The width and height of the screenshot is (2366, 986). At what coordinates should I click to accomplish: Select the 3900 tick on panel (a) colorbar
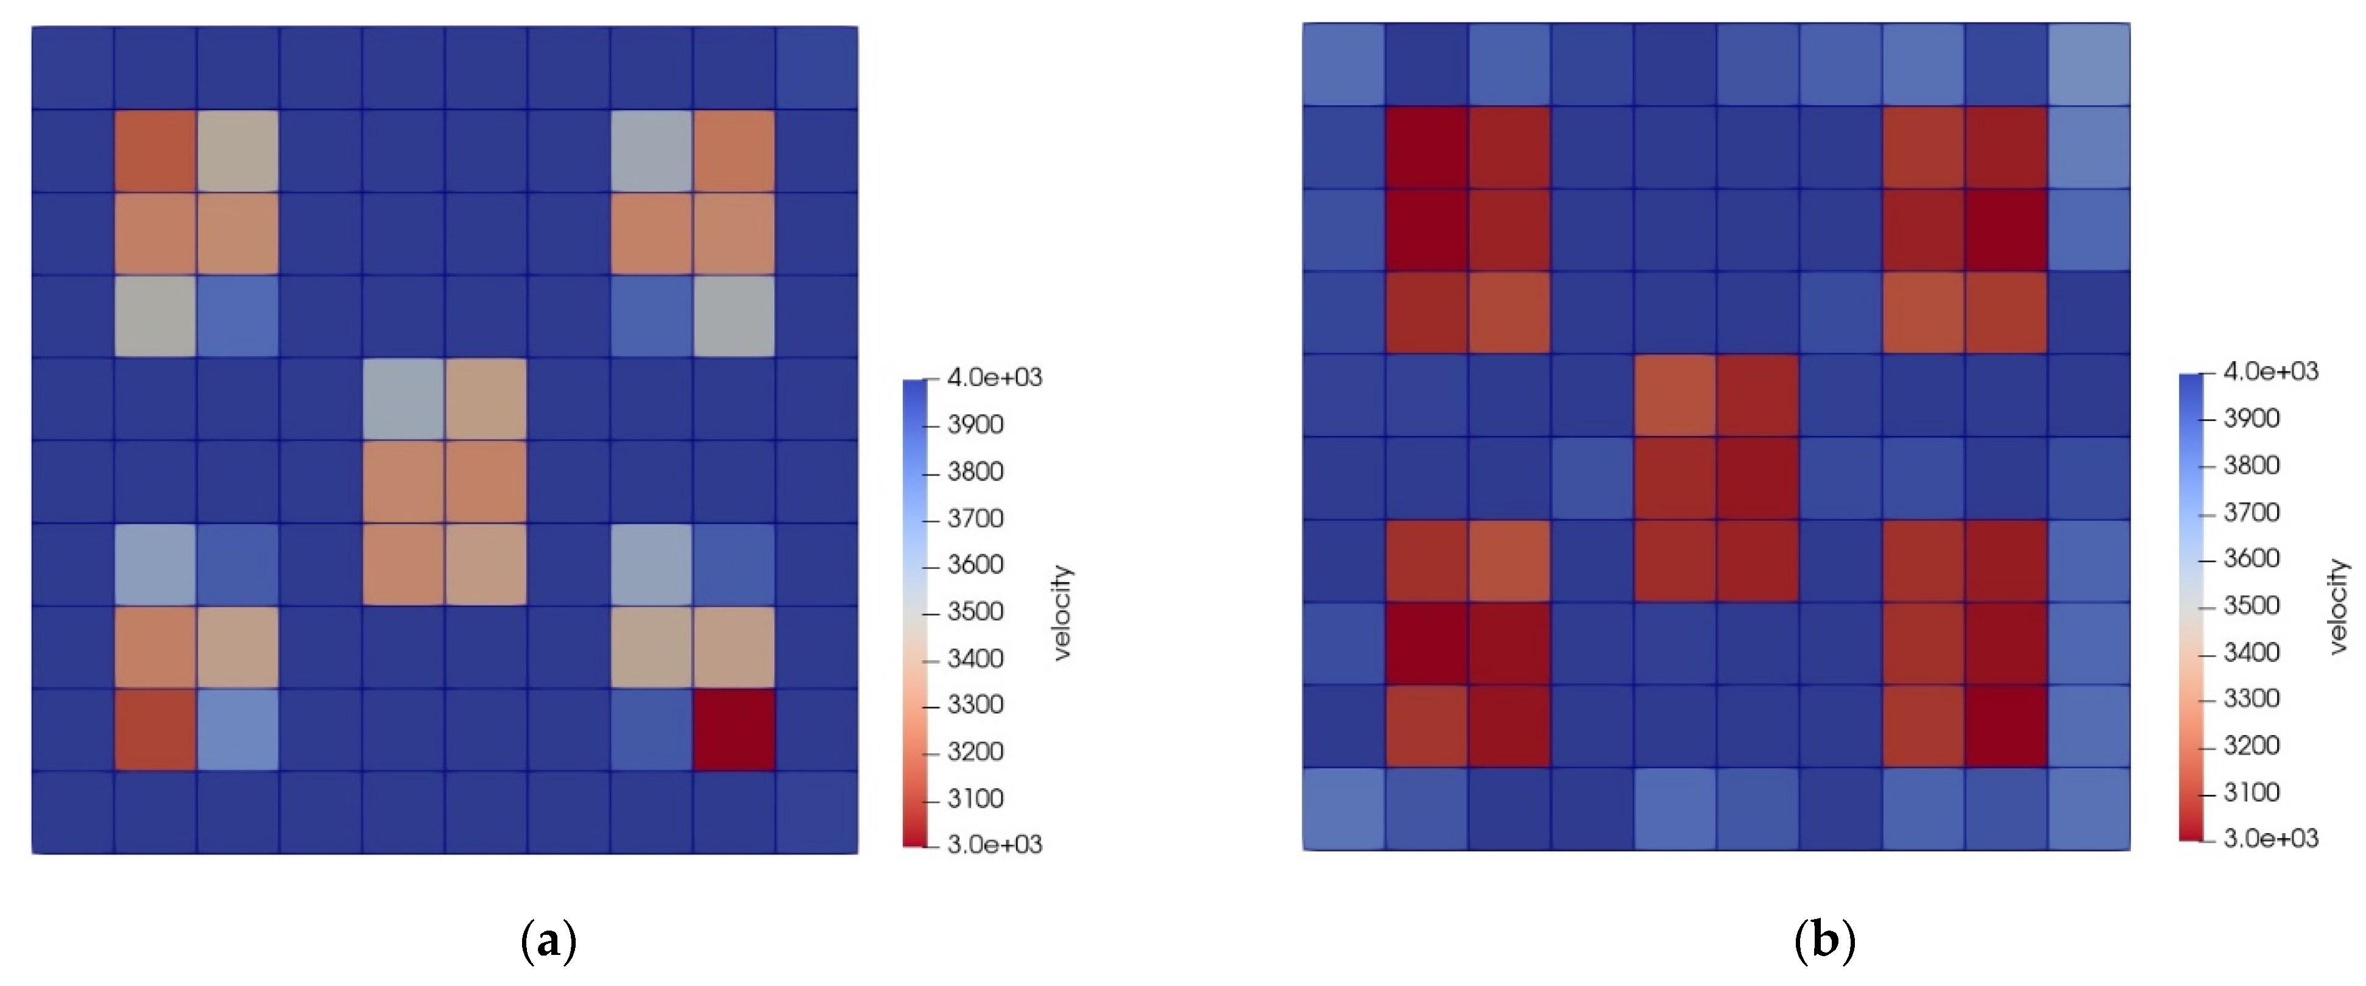(x=975, y=424)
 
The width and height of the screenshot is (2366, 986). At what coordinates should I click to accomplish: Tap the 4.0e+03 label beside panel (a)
(x=994, y=378)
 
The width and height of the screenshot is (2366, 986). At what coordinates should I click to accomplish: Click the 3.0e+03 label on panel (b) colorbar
(x=2270, y=838)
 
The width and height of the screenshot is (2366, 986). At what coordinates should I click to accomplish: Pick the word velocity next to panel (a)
(x=1062, y=612)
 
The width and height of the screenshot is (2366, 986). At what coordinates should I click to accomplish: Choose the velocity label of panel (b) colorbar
(x=2339, y=607)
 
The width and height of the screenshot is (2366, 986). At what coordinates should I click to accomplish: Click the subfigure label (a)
(x=548, y=941)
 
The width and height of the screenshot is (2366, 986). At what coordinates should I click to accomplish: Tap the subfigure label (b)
(x=1824, y=941)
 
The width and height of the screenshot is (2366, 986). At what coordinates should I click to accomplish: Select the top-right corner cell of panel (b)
(x=2089, y=65)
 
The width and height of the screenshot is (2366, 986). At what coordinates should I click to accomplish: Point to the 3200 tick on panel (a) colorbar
(x=975, y=751)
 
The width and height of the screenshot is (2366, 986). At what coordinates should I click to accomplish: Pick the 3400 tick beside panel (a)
(x=975, y=658)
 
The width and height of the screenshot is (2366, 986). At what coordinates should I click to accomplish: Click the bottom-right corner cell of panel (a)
(x=816, y=812)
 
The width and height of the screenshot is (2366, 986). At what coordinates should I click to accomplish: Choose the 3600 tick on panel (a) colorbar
(x=975, y=564)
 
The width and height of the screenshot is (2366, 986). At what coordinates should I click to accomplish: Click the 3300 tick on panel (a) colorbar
(x=975, y=704)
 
